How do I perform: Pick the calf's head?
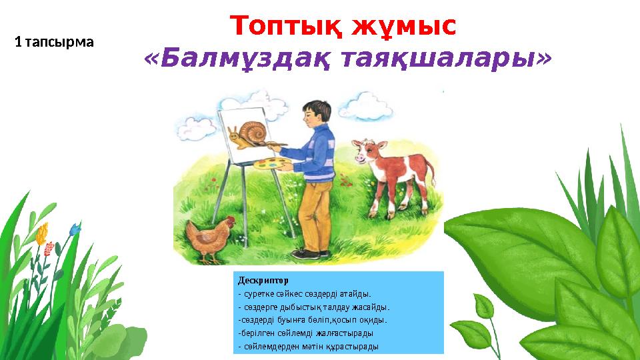[363, 151]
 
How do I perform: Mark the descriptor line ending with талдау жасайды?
[313, 307]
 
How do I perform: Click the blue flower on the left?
[75, 229]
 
